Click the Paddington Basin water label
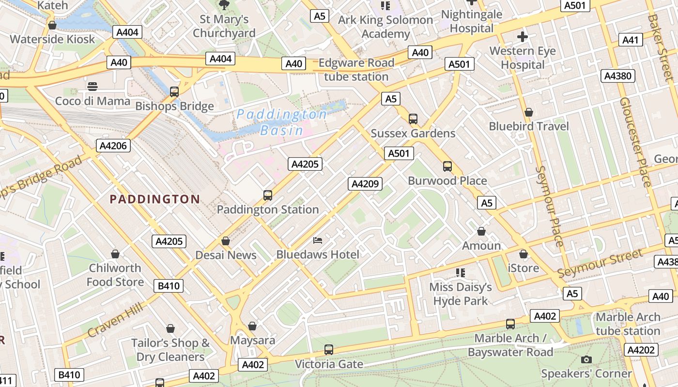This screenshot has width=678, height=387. coord(281,122)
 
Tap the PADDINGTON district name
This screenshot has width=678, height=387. coord(154,199)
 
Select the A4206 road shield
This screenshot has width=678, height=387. coord(114,146)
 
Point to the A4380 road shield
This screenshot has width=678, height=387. coord(618,76)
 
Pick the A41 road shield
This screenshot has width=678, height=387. coord(631,40)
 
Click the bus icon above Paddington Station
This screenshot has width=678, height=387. coord(268,195)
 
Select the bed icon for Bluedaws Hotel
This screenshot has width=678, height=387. coord(318,240)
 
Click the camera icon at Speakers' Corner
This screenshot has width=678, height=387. coord(586,359)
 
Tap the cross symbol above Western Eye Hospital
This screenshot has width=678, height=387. coord(523,37)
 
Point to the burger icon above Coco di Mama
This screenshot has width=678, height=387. coord(92,87)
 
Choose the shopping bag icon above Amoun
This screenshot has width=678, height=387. coord(481,231)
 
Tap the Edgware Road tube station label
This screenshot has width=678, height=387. coord(356,70)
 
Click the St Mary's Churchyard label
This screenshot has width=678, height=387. coord(224,26)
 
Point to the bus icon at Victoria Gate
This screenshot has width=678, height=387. coord(329,349)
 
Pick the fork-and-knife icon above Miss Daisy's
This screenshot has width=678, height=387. coord(460,273)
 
